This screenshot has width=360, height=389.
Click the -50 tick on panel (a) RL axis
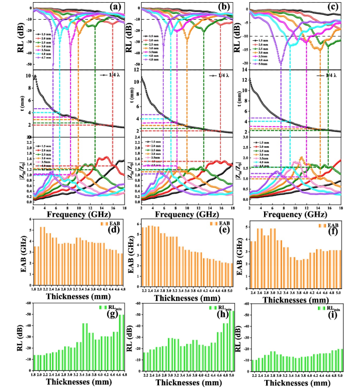28,64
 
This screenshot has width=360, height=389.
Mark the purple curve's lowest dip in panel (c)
280,64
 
